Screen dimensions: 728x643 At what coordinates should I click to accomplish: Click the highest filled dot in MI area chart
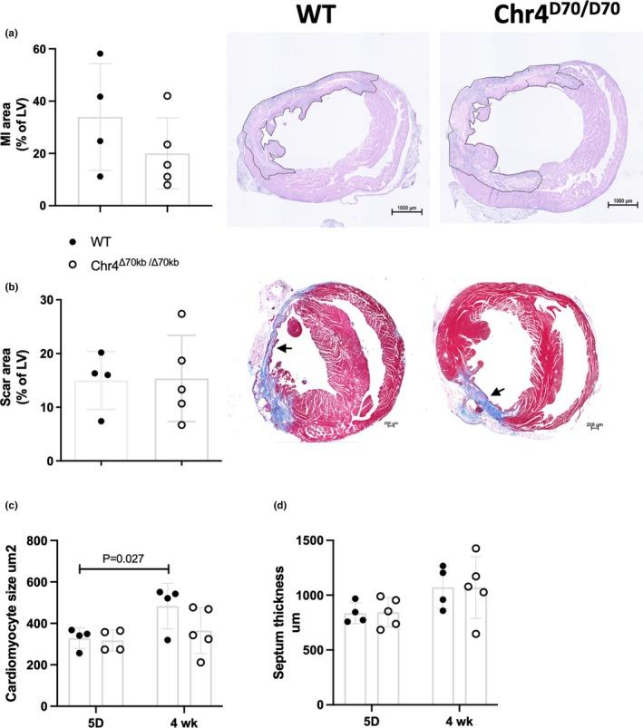(x=101, y=54)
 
